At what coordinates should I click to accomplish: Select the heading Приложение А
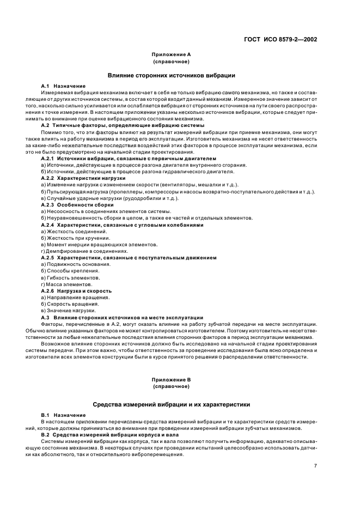click(171, 55)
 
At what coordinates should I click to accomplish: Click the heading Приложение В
click(171, 379)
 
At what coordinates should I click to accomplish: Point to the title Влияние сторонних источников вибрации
click(171, 75)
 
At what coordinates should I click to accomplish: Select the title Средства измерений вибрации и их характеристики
click(171, 405)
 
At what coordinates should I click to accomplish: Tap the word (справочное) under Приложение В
click(171, 386)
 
